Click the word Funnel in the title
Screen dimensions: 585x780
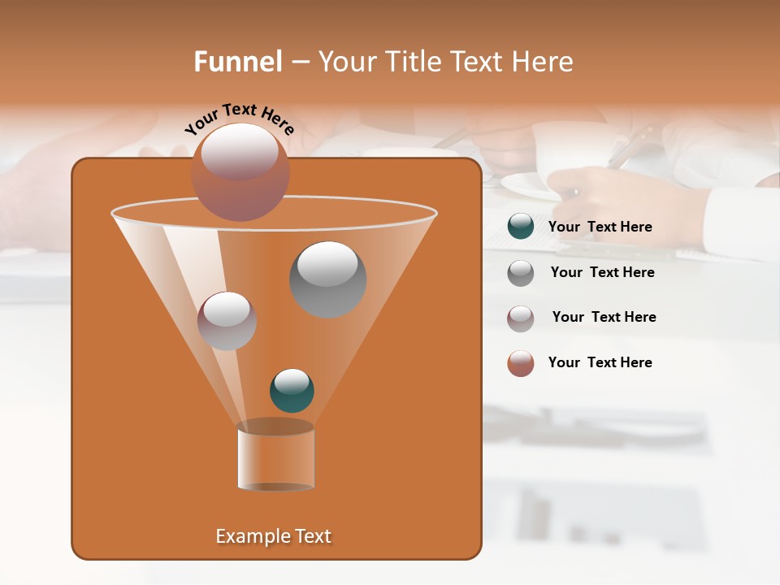click(x=237, y=62)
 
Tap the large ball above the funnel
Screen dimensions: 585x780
click(x=240, y=172)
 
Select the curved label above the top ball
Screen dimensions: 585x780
click(x=239, y=118)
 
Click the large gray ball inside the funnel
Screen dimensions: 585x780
click(x=327, y=279)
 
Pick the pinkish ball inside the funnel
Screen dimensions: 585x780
click(x=227, y=321)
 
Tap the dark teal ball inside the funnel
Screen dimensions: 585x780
click(x=292, y=391)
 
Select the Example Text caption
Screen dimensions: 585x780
click(x=273, y=536)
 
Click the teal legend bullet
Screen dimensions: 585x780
click(x=521, y=227)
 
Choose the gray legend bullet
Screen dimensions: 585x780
click(x=521, y=272)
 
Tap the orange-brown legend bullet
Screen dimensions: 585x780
click(x=521, y=363)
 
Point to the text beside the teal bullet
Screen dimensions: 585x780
click(x=600, y=227)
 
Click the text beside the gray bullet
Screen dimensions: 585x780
click(x=602, y=272)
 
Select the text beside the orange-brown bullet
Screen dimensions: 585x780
click(x=600, y=362)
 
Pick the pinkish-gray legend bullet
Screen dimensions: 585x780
click(x=521, y=318)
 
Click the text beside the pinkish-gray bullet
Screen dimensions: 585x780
click(x=604, y=317)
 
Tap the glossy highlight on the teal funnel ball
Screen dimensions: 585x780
click(x=292, y=380)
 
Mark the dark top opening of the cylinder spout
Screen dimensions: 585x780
click(x=275, y=427)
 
